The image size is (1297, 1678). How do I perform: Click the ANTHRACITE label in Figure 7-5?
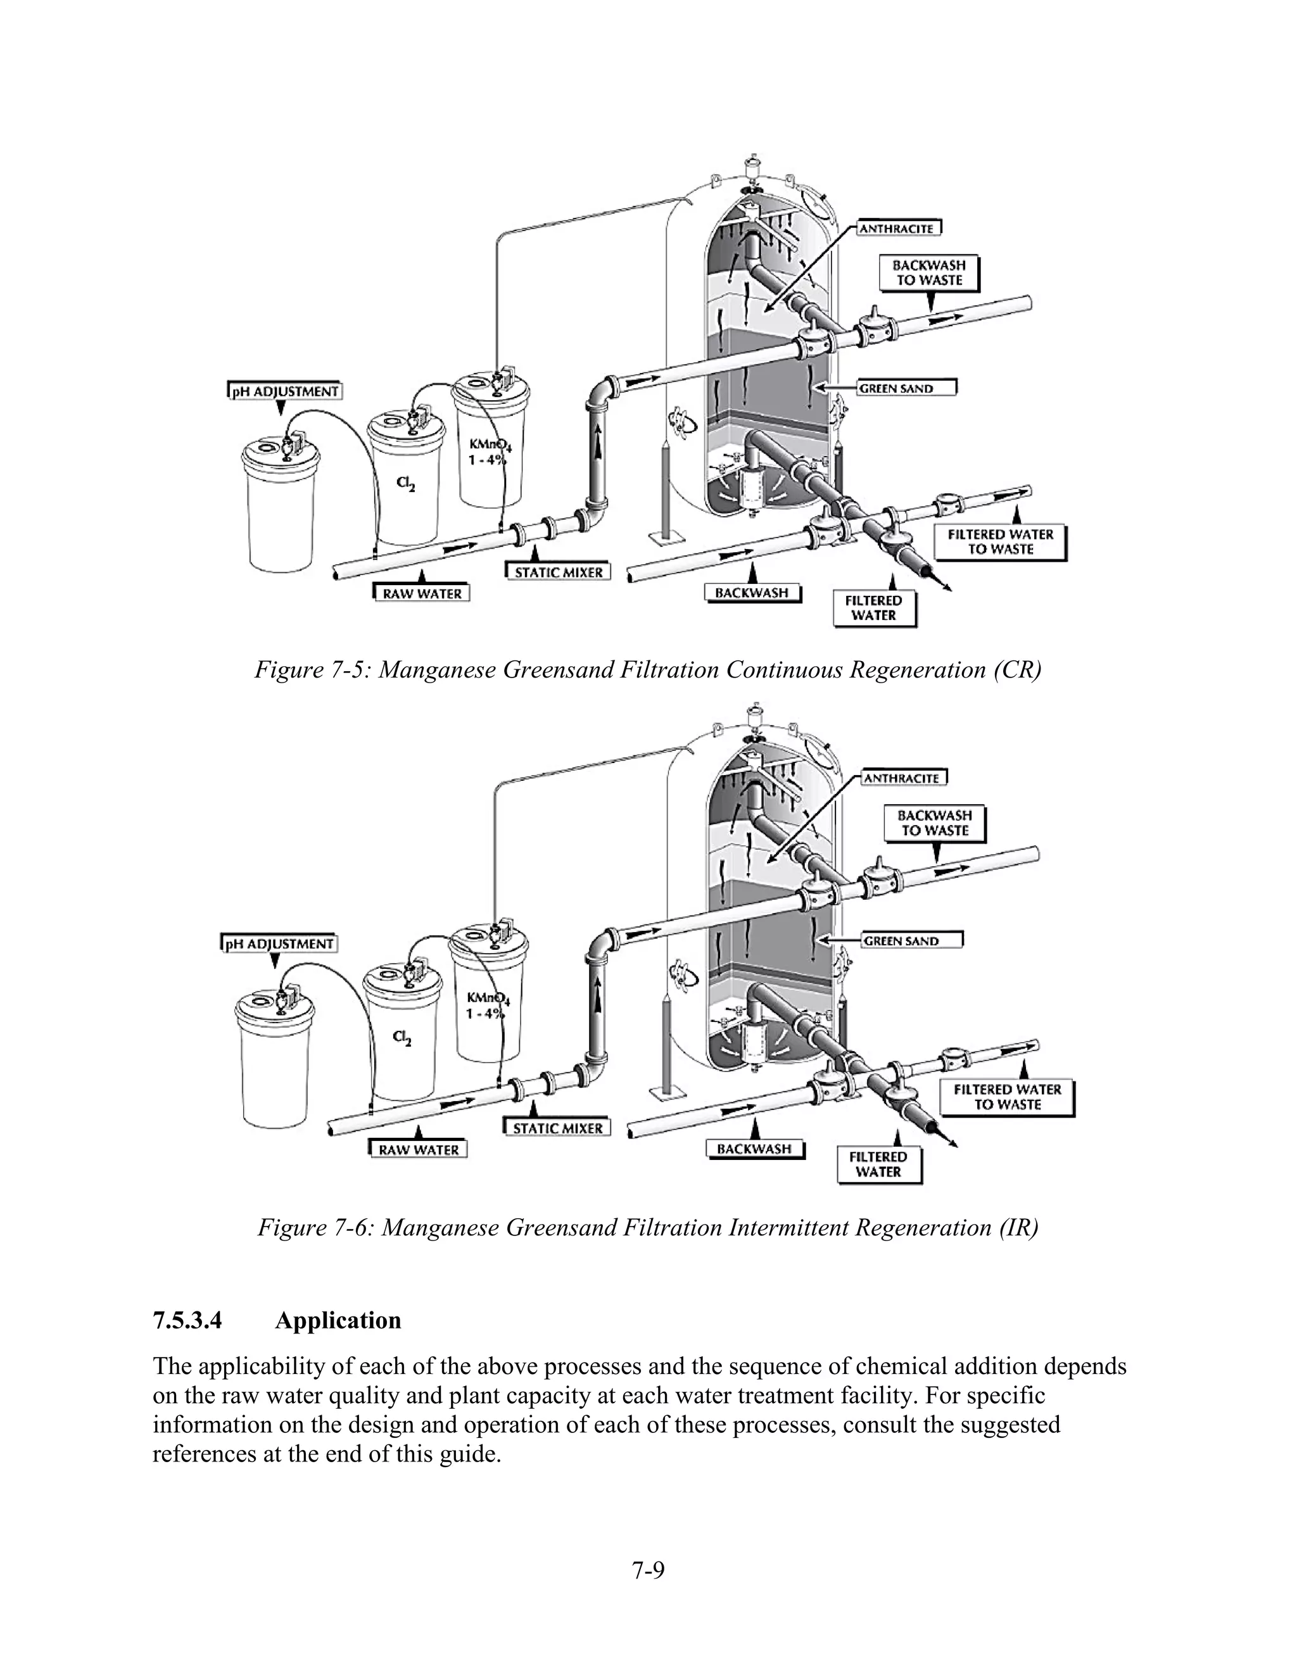coord(896,228)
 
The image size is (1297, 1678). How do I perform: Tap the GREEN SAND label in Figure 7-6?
coord(901,940)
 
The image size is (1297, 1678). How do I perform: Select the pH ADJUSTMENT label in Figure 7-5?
coord(285,391)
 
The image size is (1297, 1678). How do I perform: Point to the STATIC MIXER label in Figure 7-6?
coord(558,1128)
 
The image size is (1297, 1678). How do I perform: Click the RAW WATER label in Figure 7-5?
coord(422,593)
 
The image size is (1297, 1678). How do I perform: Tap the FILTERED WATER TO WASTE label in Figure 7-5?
coord(1001,541)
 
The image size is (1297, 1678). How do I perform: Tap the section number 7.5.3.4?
coord(187,1320)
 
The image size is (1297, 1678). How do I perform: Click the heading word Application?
coord(338,1320)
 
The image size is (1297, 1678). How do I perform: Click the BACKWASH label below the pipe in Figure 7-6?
coord(754,1149)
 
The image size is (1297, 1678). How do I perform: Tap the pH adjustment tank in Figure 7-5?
coord(281,515)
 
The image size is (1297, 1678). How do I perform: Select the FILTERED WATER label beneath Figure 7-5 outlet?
coord(873,608)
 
